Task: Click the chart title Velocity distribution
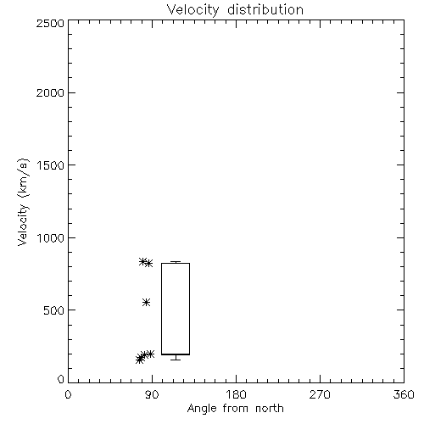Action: [235, 10]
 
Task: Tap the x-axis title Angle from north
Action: [236, 409]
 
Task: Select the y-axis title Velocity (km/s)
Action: [23, 202]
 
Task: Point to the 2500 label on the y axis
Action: [50, 23]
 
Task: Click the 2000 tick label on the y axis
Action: [50, 92]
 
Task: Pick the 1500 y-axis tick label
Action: [51, 165]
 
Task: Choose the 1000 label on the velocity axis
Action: [51, 237]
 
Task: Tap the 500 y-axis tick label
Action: [54, 310]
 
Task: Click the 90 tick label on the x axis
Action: [152, 394]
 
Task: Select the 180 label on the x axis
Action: [236, 394]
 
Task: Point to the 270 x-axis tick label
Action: [320, 394]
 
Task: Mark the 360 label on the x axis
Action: [404, 394]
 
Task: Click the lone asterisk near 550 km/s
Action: [146, 303]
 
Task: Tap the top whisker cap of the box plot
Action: [176, 262]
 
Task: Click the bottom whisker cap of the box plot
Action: [176, 360]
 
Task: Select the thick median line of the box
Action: [176, 354]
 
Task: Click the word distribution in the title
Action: [265, 10]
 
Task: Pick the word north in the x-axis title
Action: [270, 409]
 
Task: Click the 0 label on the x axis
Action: [68, 394]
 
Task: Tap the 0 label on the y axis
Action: [61, 379]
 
